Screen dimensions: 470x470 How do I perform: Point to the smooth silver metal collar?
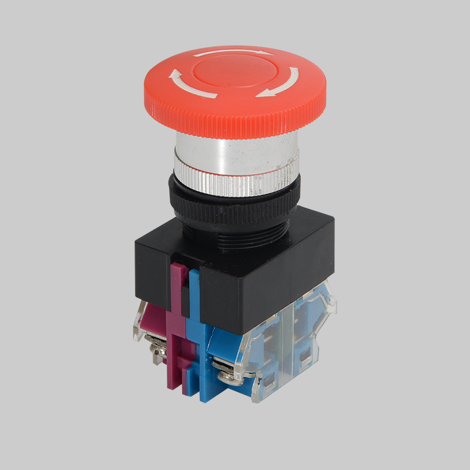pos(235,147)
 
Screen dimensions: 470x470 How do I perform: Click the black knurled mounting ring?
pos(235,203)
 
